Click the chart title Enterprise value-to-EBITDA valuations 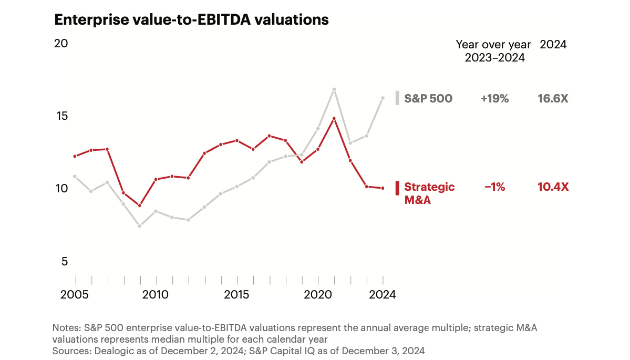point(191,20)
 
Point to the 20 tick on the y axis point(61,44)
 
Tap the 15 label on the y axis point(61,116)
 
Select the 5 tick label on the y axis point(64,261)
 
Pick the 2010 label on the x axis point(156,295)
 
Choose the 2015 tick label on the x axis point(237,295)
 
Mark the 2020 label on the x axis point(318,295)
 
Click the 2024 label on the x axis point(382,295)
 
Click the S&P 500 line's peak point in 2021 point(334,89)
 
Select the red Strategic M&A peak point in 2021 point(334,119)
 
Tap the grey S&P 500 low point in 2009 point(139,226)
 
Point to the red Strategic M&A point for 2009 point(139,205)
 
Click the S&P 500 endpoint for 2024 point(383,98)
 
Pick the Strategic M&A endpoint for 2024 point(383,188)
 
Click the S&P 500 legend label point(428,98)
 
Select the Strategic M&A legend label point(429,193)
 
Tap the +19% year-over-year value point(494,98)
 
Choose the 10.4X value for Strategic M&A point(553,187)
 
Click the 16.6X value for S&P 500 point(553,98)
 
